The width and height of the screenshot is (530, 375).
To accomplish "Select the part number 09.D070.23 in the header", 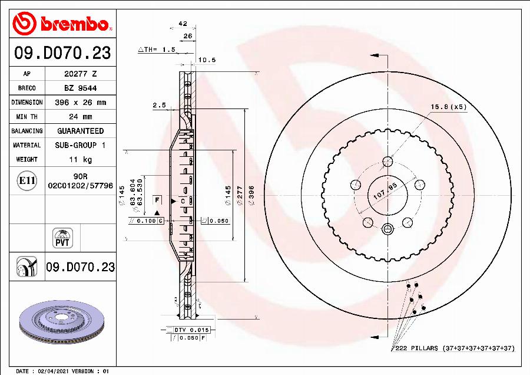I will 62,54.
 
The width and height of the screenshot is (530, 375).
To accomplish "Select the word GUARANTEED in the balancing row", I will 80,131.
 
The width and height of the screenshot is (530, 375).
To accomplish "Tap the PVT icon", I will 62,238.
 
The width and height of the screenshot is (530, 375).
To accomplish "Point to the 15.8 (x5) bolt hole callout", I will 448,107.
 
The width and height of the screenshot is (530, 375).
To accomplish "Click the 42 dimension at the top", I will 183,24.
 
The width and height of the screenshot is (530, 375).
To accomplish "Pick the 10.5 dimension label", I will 207,60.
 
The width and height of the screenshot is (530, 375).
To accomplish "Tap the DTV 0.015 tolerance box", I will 192,330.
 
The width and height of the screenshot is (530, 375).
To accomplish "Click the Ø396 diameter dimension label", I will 251,195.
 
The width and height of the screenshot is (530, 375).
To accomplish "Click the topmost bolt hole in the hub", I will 387,162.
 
